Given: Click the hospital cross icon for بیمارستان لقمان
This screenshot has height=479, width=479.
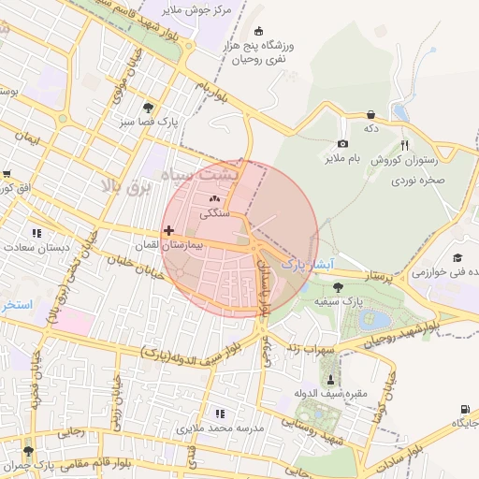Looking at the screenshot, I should click(x=168, y=230).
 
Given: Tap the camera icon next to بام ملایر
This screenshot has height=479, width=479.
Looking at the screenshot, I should click(x=343, y=143).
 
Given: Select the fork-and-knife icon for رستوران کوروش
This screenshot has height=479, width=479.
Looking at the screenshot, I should click(x=404, y=145).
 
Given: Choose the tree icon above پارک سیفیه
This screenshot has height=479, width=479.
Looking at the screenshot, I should click(x=337, y=286).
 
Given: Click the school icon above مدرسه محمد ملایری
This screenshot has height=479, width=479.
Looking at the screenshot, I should click(x=221, y=413).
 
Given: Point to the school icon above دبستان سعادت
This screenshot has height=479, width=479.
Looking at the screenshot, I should click(x=36, y=233).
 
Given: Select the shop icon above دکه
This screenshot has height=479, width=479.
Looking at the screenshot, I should click(x=371, y=113).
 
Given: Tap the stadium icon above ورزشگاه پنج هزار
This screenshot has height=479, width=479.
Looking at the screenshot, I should click(x=259, y=31).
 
